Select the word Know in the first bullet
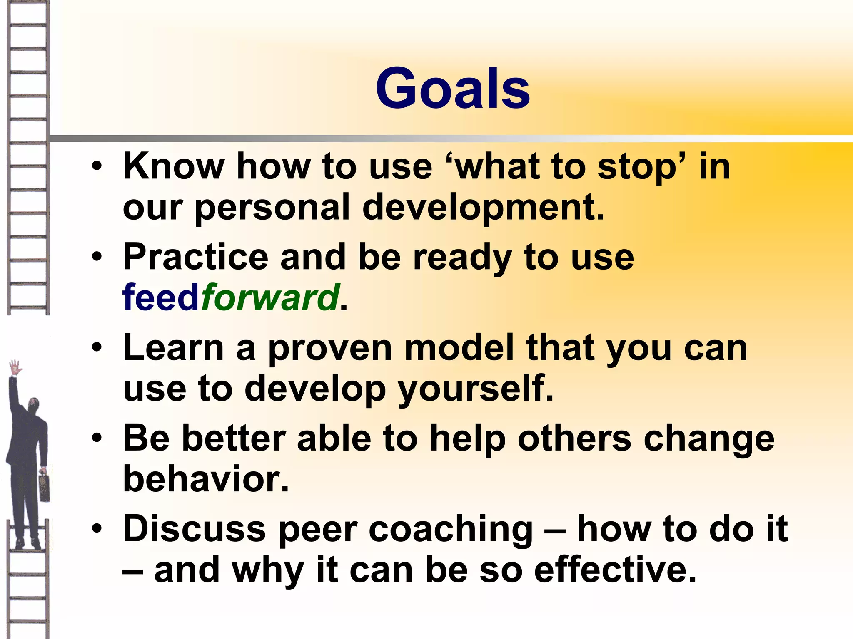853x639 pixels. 174,166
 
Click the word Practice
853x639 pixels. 196,257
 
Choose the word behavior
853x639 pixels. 206,479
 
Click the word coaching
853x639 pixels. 451,529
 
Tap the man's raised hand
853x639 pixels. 15,367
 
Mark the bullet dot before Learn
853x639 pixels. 97,348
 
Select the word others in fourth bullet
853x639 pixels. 574,438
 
